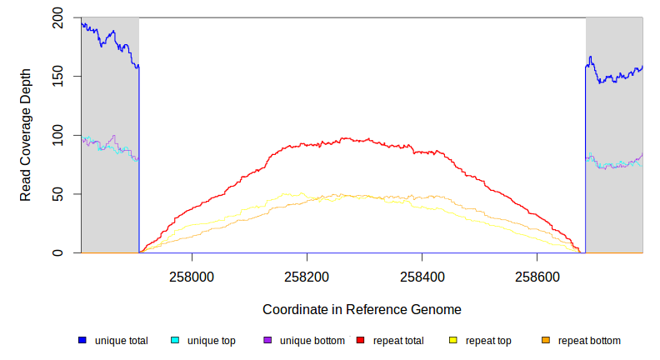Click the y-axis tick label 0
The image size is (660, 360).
[x=57, y=252]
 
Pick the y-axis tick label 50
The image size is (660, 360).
[x=57, y=194]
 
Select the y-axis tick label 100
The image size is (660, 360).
[x=57, y=135]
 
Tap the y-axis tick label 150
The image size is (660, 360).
[x=57, y=77]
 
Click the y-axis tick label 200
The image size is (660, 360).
[x=57, y=17]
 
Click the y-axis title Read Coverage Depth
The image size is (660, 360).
[x=26, y=135]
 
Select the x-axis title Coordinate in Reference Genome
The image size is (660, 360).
[x=362, y=309]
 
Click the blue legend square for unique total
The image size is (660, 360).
[x=82, y=340]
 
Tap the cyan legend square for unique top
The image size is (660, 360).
[x=175, y=340]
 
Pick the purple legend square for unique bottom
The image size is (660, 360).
[x=267, y=340]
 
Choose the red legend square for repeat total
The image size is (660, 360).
[x=361, y=340]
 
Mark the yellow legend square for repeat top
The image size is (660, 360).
[x=453, y=340]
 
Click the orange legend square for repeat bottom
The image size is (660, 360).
[x=546, y=340]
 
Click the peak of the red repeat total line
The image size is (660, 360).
[x=343, y=139]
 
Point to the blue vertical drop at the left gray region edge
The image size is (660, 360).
[x=138, y=158]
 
